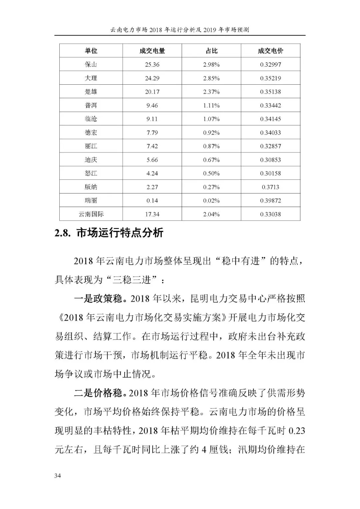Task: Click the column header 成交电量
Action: tap(152, 51)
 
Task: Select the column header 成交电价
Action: tap(270, 51)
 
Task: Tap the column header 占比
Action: tap(211, 51)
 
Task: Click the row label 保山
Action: tap(91, 64)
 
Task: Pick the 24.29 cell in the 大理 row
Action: tap(152, 78)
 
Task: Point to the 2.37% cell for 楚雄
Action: tap(211, 92)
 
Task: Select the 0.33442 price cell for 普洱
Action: tap(270, 105)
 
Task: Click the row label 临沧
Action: tap(91, 119)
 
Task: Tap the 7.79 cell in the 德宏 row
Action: tap(152, 133)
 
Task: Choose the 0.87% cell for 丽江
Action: tap(211, 146)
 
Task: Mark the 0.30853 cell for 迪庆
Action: tap(270, 160)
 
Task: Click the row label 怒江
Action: tap(91, 173)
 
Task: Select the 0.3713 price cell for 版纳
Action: tap(270, 187)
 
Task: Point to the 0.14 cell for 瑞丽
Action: tap(152, 201)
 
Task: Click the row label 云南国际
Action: tap(91, 214)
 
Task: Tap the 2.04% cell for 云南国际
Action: tap(211, 214)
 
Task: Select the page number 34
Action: tap(58, 476)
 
